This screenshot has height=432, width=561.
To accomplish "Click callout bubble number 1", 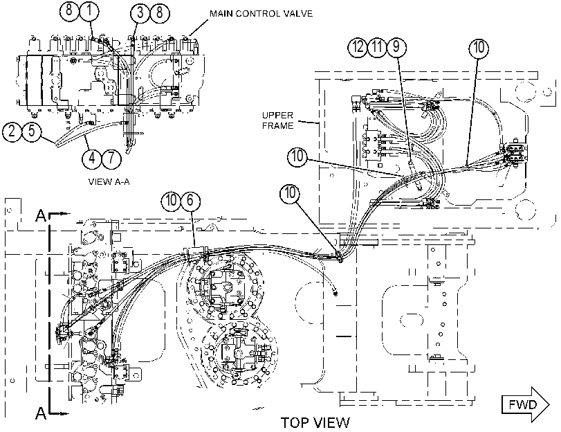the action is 89,11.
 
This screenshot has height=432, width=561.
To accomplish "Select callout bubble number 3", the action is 140,13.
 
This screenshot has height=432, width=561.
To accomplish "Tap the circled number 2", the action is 12,131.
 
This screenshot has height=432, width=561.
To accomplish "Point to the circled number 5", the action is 32,131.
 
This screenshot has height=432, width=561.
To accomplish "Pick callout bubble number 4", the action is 92,158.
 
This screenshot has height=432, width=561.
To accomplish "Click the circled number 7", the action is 111,158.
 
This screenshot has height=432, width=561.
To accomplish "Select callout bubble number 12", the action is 358,47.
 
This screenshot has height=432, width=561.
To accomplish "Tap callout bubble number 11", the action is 377,47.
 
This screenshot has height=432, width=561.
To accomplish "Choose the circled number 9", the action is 396,47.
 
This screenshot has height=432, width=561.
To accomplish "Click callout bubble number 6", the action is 190,200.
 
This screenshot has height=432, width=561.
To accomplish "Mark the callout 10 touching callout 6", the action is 171,200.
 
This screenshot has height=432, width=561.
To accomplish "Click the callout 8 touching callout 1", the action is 69,11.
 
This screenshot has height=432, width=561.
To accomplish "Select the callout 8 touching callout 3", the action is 159,13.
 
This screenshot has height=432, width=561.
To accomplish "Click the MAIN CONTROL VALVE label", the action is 261,14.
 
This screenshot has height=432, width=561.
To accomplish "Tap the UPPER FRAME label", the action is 277,120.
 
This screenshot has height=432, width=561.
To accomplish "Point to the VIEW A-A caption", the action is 109,181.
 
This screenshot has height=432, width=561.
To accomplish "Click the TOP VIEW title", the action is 315,423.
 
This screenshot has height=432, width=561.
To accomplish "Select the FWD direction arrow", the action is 526,404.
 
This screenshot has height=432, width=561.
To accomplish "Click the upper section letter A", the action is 42,216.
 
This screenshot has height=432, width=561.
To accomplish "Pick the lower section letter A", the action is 42,413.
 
